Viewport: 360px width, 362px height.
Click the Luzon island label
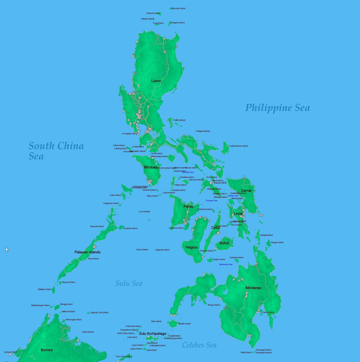156,81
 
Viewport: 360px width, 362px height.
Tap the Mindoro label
151,167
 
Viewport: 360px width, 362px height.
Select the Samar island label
246,191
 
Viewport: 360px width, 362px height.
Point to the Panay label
189,206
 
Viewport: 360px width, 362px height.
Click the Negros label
192,248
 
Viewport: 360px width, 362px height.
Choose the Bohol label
224,243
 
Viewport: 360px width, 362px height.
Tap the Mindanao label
253,288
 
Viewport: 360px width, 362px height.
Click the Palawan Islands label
87,252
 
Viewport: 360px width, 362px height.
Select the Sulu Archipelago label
152,333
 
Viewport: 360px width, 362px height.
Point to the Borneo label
47,350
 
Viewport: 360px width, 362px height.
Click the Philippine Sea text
277,108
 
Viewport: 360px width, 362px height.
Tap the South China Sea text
56,151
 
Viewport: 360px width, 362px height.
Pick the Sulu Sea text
128,284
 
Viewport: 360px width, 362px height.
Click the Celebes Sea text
199,345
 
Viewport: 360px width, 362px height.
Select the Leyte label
238,214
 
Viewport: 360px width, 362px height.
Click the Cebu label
215,228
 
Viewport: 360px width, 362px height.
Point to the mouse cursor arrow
7,249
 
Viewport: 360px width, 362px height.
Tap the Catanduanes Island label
239,146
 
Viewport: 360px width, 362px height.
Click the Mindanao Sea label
226,264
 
